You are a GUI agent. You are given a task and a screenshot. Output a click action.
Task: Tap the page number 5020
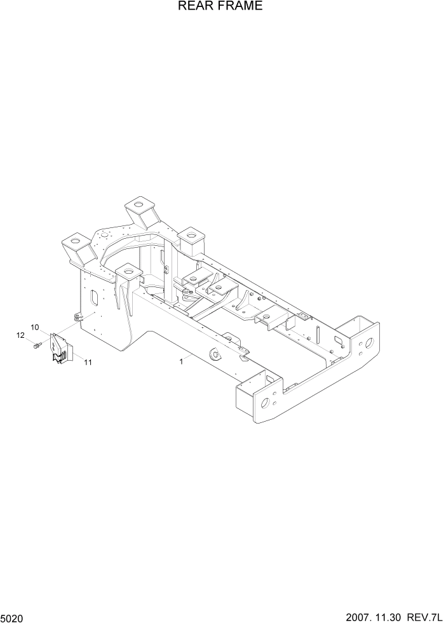coord(13,617)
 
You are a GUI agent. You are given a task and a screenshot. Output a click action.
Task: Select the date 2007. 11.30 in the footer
coord(375,617)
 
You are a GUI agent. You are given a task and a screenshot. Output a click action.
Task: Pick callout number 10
coord(35,327)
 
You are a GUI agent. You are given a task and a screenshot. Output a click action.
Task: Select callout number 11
coord(88,363)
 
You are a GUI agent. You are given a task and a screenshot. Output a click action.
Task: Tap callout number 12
coord(20,335)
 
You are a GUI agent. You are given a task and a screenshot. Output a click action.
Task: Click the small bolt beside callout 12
coord(37,345)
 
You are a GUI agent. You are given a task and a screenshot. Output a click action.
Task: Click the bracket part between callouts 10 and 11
coord(62,350)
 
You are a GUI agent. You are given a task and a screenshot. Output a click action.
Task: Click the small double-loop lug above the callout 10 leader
coord(78,317)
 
